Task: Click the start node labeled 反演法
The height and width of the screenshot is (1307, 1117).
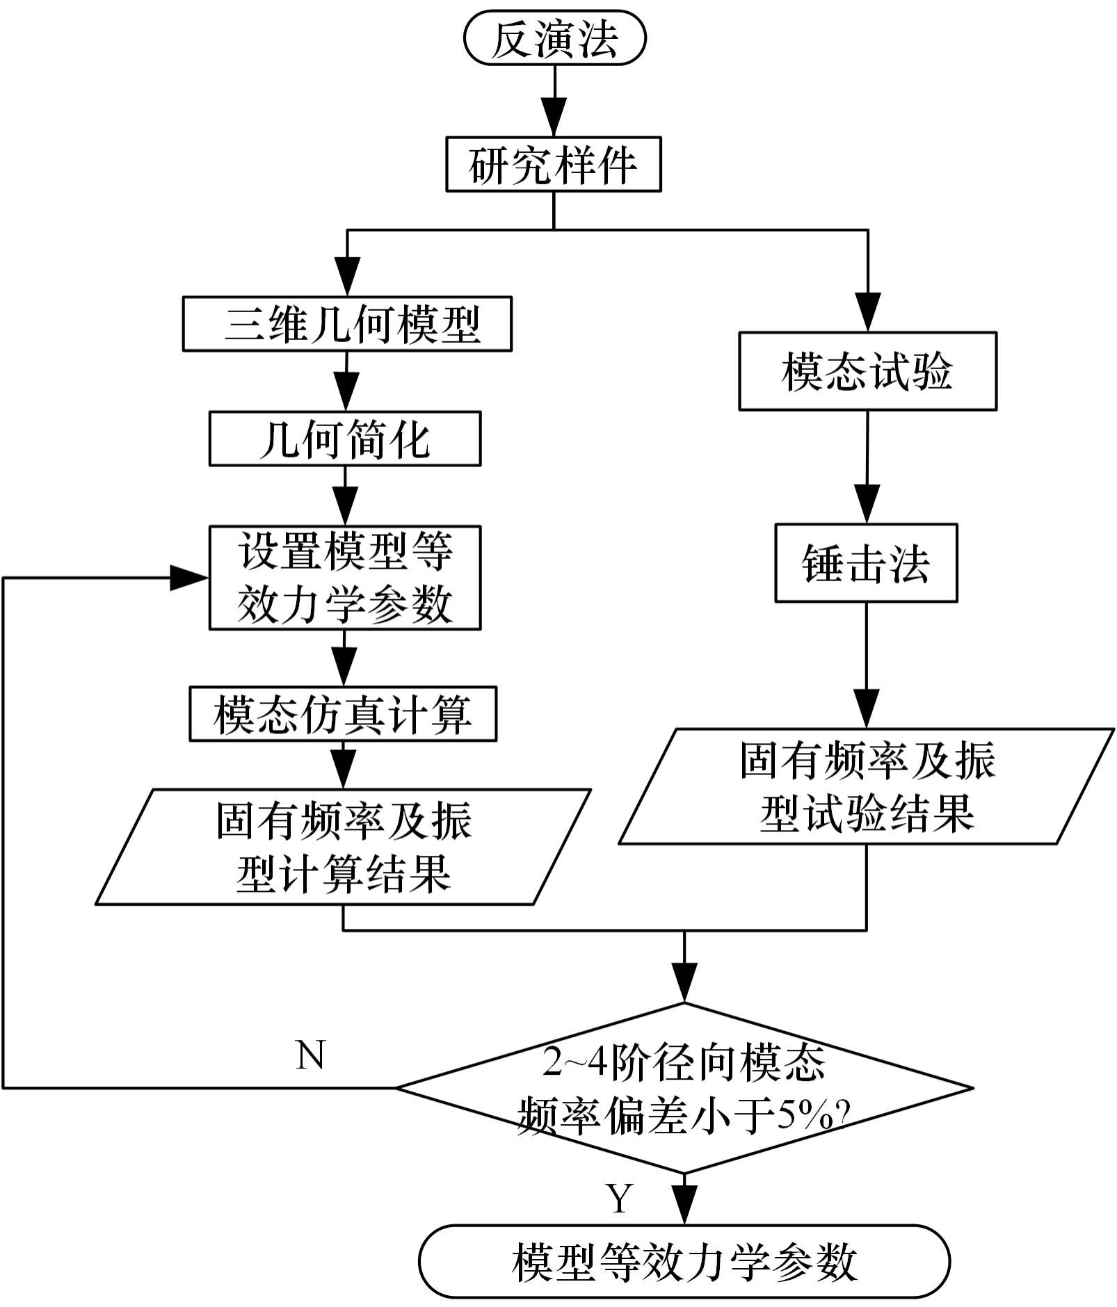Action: (554, 39)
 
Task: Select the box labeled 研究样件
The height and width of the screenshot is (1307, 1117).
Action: (553, 165)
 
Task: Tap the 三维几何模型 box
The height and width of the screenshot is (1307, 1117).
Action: (347, 324)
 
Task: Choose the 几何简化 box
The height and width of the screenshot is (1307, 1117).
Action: (345, 439)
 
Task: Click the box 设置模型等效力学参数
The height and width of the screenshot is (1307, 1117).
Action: (345, 578)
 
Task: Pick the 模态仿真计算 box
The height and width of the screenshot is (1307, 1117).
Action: (343, 714)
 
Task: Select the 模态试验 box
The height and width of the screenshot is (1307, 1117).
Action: (867, 371)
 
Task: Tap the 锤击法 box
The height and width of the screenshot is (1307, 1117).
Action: (866, 562)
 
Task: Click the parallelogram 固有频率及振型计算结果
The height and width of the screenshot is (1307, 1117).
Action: (343, 847)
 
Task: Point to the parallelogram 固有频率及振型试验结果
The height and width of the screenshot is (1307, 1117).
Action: (867, 786)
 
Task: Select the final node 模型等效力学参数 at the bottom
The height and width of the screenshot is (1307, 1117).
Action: (684, 1262)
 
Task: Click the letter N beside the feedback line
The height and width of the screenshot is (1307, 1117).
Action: (310, 1055)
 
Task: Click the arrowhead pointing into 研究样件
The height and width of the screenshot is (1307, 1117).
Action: (554, 120)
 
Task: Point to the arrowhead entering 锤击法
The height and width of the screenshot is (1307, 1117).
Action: (867, 505)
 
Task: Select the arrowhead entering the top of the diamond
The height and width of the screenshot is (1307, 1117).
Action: (684, 983)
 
